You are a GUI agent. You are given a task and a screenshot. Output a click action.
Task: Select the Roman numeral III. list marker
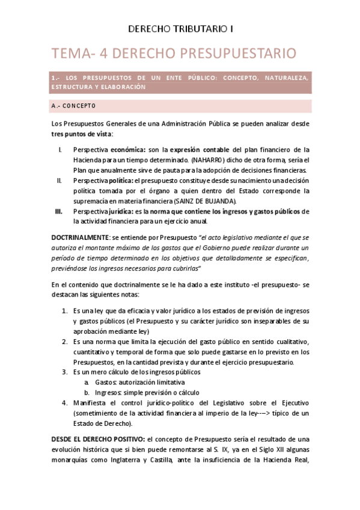(59, 212)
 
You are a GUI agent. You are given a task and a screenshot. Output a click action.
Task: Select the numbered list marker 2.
(65, 341)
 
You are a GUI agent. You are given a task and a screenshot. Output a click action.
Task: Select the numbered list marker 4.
(65, 403)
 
